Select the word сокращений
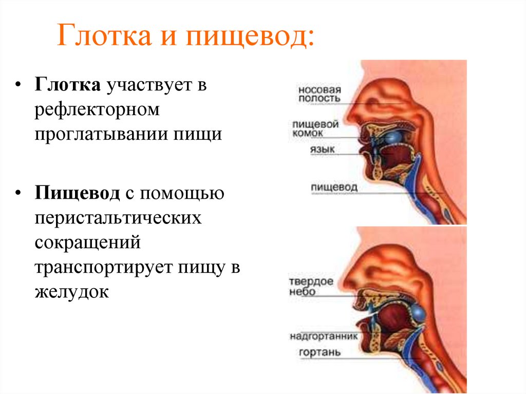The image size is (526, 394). (87, 242)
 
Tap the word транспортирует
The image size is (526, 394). (105, 267)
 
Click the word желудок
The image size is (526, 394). (72, 292)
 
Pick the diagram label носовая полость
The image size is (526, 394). (320, 93)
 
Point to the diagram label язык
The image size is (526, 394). (322, 149)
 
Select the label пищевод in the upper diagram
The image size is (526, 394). (334, 187)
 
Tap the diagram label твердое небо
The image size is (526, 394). (311, 287)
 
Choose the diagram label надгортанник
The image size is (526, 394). (323, 336)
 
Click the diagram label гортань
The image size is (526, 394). (319, 353)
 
